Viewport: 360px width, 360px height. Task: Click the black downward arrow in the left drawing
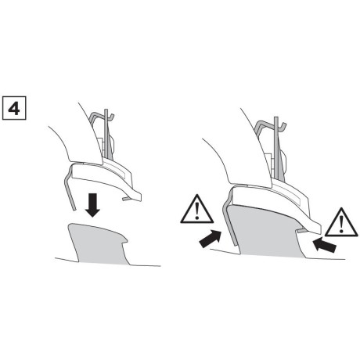coord(93,205)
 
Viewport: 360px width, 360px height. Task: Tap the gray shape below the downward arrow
coord(98,243)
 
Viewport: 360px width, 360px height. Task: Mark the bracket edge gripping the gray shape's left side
coord(223,223)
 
